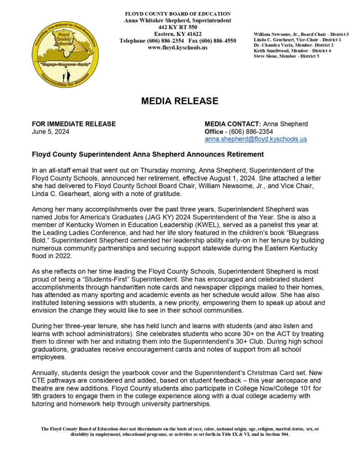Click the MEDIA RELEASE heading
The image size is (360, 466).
coord(180,101)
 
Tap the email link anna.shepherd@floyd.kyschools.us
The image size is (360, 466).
coord(256,139)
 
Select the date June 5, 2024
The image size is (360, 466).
coord(51,132)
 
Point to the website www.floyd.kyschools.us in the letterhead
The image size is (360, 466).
coord(177,47)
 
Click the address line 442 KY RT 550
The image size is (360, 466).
coord(177,27)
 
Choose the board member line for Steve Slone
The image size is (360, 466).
coord(286,56)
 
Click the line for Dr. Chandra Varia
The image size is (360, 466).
coord(294,45)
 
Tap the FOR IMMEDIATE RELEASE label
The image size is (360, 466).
coord(74,124)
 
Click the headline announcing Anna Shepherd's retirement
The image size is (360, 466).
coord(148,154)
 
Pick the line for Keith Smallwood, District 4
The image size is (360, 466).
coord(292,51)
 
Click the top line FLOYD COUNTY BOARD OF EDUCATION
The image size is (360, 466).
coord(177,14)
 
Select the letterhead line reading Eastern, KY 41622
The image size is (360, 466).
coord(177,34)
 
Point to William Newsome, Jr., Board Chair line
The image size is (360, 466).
coord(301,34)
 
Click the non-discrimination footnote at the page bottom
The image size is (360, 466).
coord(180,431)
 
